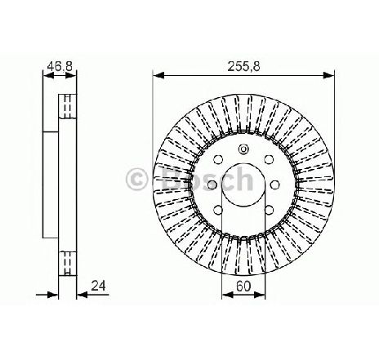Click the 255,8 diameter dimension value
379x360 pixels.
point(243,66)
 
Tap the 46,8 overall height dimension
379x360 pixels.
point(60,66)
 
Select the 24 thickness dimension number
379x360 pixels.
point(98,286)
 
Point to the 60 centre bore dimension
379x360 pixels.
point(243,286)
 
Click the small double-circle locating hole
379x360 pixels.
point(243,149)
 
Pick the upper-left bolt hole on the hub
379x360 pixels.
point(218,159)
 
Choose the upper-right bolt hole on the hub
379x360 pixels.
point(269,159)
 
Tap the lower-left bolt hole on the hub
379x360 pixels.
point(218,210)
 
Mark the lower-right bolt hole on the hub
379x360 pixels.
point(269,210)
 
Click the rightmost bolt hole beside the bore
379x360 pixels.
point(275,184)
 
